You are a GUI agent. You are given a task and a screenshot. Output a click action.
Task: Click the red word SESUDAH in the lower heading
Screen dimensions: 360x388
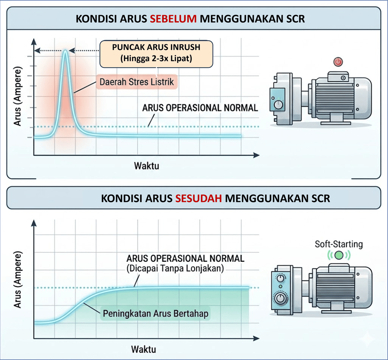pos(199,198)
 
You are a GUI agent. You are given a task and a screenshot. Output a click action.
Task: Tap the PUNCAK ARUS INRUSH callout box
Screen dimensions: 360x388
pos(156,54)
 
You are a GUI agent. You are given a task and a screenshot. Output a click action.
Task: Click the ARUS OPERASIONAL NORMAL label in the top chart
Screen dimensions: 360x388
pos(200,108)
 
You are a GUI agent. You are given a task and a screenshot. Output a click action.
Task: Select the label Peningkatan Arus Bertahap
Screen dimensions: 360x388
pos(155,314)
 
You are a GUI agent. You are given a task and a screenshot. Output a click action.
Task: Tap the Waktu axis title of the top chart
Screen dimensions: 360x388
pos(146,166)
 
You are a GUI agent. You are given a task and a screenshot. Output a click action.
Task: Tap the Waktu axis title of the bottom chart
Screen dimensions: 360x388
pos(144,349)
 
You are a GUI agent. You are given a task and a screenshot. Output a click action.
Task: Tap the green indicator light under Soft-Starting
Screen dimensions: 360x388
pos(338,255)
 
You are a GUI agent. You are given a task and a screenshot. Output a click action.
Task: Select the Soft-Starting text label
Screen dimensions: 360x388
pos(338,244)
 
